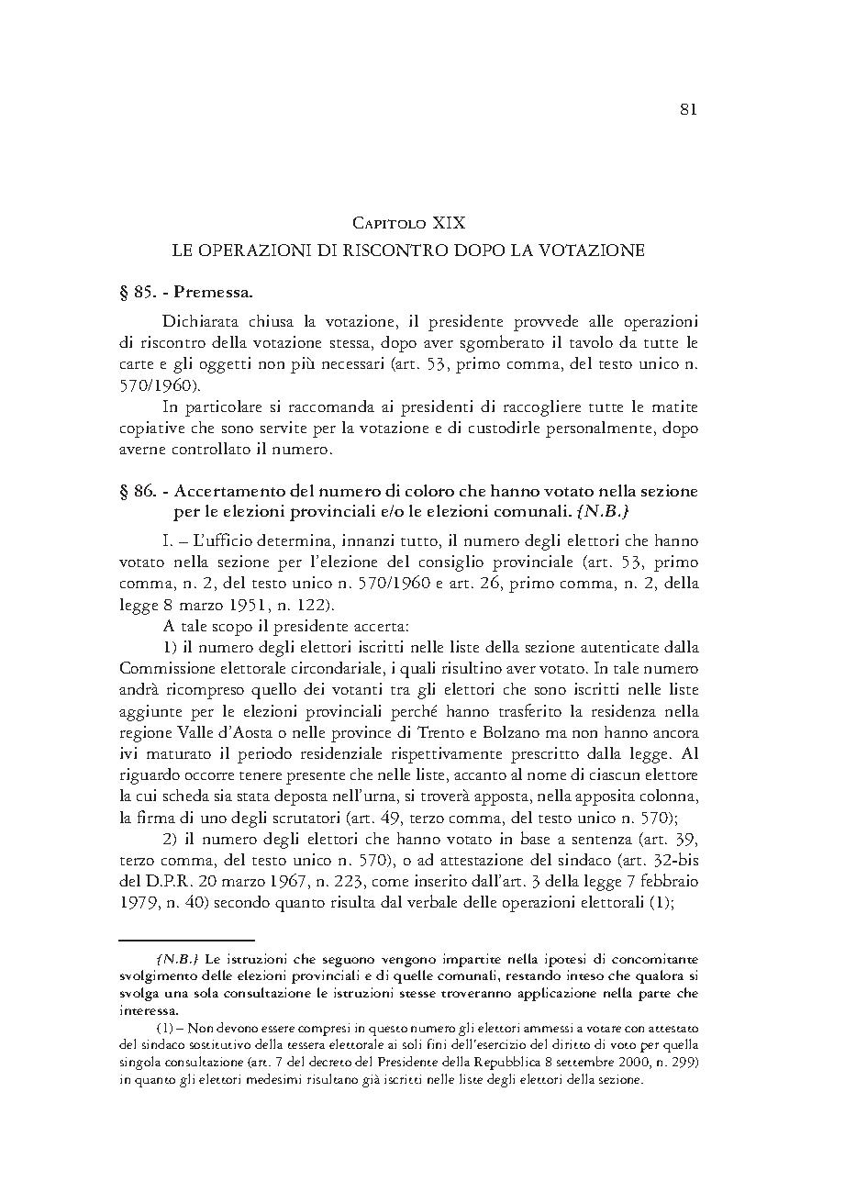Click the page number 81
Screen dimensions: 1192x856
click(689, 109)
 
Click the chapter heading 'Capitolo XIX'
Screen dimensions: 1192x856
click(409, 223)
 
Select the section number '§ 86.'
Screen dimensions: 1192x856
click(139, 492)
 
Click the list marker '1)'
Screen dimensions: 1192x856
click(172, 648)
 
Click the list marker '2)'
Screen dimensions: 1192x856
click(172, 840)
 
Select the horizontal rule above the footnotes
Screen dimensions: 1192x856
click(186, 941)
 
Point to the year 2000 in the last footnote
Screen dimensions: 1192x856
click(650, 1063)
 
